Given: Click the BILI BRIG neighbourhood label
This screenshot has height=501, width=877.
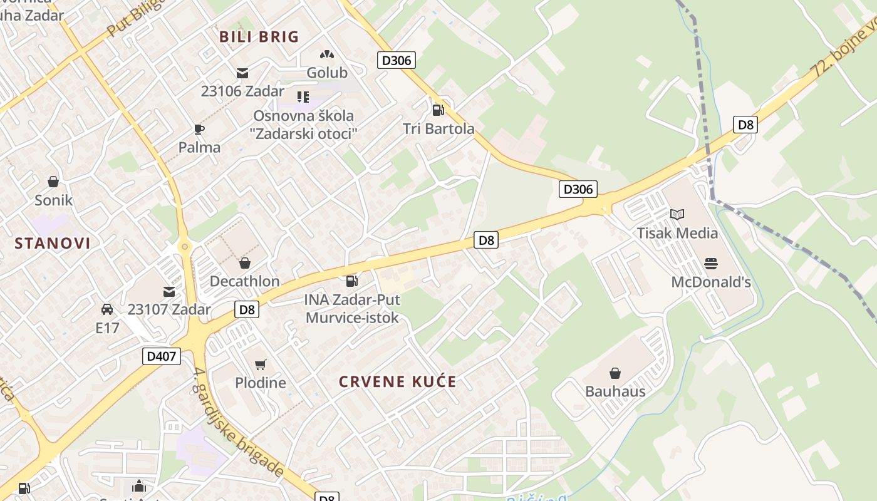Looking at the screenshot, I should click(259, 37).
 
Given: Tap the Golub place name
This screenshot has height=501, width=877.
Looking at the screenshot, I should click(326, 73).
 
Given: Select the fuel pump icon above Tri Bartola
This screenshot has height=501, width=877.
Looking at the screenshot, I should click(438, 110).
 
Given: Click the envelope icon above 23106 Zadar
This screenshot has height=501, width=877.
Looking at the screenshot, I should click(242, 73).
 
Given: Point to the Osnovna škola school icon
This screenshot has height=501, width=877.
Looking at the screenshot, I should click(303, 97).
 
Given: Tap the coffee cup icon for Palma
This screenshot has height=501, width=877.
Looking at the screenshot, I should click(199, 129).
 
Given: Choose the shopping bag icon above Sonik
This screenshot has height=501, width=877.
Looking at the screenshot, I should click(53, 182).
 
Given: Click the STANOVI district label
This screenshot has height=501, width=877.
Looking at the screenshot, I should click(53, 244).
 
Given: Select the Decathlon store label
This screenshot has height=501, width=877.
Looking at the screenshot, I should click(244, 281).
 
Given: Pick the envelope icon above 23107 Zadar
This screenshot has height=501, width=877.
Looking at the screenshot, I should click(169, 291).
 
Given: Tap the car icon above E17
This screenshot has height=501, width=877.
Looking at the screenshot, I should click(107, 309).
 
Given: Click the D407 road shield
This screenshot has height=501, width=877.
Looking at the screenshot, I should click(162, 356).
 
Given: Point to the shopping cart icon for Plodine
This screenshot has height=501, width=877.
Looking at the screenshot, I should click(261, 364).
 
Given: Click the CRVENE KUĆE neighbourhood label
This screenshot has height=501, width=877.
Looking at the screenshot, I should click(398, 381).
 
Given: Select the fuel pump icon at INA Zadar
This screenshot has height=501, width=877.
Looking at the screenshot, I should click(352, 281).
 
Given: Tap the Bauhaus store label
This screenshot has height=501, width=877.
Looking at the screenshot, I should click(615, 391).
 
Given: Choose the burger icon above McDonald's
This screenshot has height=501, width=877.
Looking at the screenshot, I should click(710, 263).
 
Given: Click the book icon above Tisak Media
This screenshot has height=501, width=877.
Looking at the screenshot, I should click(677, 214).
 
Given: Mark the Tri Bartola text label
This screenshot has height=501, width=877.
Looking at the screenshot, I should click(438, 129).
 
